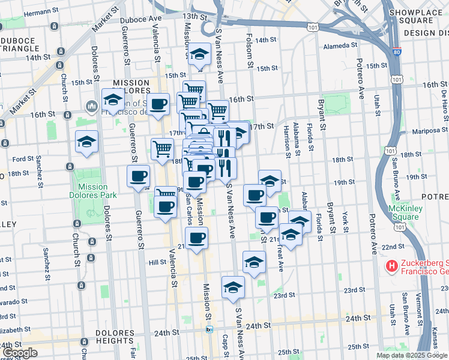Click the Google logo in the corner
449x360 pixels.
tap(20, 353)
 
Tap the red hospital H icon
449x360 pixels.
tap(391, 265)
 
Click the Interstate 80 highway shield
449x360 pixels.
tap(397, 52)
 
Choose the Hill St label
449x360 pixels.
tap(157, 262)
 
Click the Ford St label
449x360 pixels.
tap(23, 159)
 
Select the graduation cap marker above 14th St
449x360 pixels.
tap(199, 55)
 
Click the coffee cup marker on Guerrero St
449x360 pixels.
tap(138, 177)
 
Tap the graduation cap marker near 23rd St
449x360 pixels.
tap(233, 288)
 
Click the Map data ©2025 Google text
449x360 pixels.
tap(411, 355)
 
